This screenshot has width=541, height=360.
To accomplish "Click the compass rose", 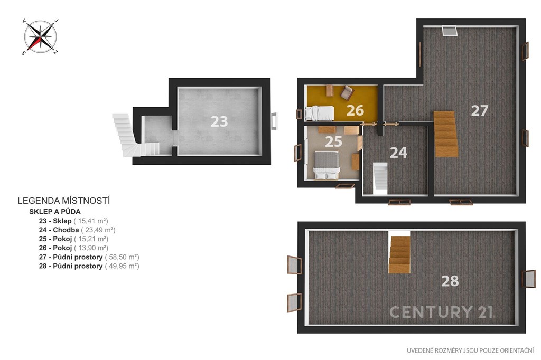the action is click(x=40, y=36).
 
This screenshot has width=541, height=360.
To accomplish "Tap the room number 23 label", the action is click(x=219, y=121).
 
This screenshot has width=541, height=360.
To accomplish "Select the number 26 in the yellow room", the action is click(x=355, y=110).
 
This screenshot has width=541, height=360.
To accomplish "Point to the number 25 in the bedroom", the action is click(x=333, y=141).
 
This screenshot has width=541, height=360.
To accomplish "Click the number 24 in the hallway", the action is click(x=398, y=153).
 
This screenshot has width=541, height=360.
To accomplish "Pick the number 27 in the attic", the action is click(x=480, y=111).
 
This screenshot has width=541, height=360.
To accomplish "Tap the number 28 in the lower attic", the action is click(x=450, y=281).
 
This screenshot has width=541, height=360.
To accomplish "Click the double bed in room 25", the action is click(x=327, y=165).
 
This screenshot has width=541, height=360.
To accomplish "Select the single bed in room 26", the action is click(x=320, y=113).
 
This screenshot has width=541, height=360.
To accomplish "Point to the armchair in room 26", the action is click(x=347, y=92).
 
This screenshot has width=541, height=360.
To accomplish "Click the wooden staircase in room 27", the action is click(x=446, y=134).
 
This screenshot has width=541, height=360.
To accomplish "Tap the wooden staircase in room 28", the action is click(x=400, y=255).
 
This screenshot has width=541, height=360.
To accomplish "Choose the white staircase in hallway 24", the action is click(x=380, y=176).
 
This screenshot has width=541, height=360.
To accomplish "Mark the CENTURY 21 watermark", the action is click(x=442, y=312).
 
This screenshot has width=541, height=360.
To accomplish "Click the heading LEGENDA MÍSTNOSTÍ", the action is click(x=64, y=201).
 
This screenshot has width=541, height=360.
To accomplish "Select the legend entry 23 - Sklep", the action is click(x=55, y=221).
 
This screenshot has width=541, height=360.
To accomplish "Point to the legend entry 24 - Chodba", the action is click(x=59, y=230).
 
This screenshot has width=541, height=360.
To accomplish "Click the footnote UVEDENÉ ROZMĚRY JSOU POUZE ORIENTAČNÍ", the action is click(x=470, y=350).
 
